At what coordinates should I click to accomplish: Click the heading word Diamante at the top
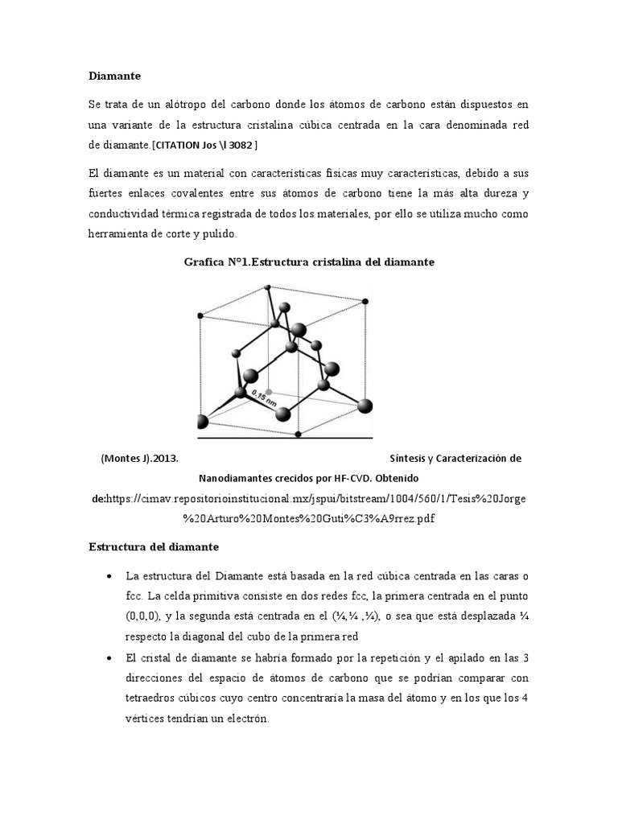click(114, 76)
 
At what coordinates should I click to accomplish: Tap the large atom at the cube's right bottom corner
click(365, 406)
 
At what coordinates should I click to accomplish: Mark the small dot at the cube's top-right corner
click(366, 302)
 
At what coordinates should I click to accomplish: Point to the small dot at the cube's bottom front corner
click(299, 434)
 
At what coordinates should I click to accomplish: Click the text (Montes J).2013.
click(139, 458)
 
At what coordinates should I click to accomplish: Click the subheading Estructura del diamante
click(153, 547)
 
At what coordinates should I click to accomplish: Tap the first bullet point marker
click(109, 577)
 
